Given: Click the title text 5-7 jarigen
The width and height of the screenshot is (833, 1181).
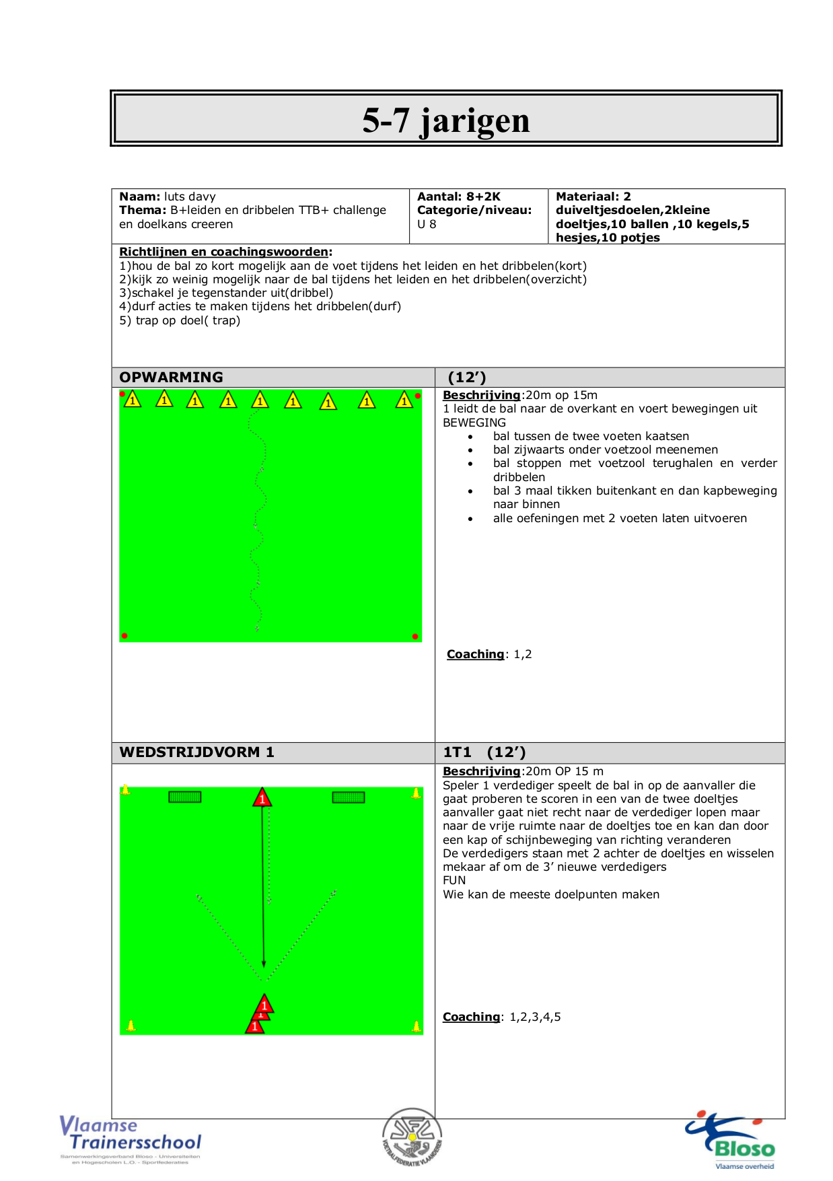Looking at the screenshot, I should click(x=445, y=120).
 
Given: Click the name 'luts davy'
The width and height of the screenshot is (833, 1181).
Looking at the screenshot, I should click(x=190, y=196).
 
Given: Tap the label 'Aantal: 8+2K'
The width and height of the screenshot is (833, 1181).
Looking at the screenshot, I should click(x=459, y=196).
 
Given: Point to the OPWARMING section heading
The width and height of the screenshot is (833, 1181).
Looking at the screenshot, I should click(x=171, y=377).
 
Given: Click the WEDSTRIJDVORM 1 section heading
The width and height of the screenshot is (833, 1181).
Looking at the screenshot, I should click(x=196, y=752).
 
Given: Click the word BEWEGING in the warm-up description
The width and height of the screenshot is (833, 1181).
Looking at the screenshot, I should click(x=474, y=423).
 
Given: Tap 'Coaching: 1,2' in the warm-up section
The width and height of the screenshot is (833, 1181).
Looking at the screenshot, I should click(x=489, y=654).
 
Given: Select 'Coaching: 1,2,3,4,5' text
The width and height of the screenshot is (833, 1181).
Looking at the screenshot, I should click(x=501, y=1017).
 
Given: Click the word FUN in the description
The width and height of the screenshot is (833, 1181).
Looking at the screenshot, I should click(x=454, y=880).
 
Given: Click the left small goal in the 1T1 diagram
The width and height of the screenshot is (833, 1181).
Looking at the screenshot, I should click(x=184, y=797).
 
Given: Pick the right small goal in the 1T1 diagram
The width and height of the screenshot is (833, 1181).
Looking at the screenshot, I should click(x=349, y=797).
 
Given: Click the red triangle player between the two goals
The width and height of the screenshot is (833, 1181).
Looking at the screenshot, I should click(x=262, y=798).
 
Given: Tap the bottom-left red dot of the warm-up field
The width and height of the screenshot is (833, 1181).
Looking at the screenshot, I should click(x=124, y=635).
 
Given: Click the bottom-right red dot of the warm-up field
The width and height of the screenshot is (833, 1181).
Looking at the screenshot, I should click(x=415, y=636).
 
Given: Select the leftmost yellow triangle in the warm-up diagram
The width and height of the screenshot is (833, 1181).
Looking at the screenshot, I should click(x=133, y=400).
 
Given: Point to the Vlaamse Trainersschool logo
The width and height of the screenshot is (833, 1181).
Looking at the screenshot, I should click(x=131, y=1137).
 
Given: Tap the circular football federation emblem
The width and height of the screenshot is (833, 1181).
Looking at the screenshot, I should click(x=412, y=1138).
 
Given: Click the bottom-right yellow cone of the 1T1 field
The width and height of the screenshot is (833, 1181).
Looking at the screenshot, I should click(x=416, y=1026).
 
